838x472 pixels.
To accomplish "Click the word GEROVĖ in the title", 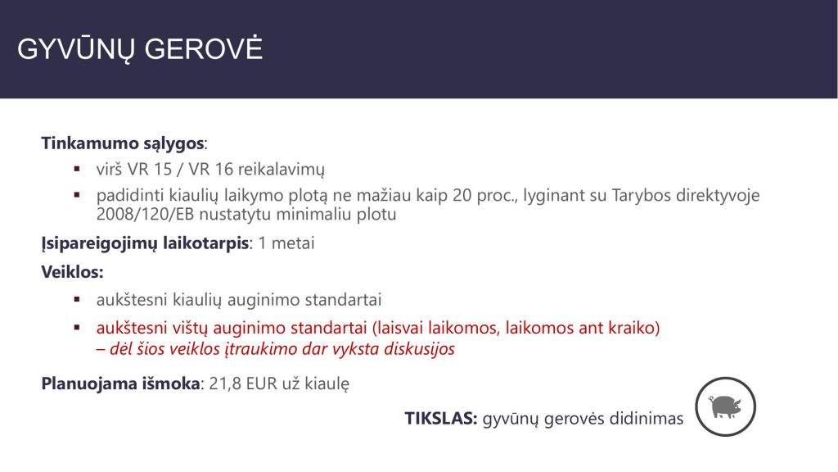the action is click(203, 48).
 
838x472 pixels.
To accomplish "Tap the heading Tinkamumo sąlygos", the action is click(123, 144).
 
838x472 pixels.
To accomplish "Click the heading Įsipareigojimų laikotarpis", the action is click(145, 243).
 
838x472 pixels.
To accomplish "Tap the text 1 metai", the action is click(286, 243).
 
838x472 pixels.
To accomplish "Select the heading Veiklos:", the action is click(72, 272).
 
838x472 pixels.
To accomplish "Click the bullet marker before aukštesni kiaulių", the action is click(77, 300).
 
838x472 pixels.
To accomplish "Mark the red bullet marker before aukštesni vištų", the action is click(77, 328).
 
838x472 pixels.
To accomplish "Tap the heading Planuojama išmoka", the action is click(121, 383).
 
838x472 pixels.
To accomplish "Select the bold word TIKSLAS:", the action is click(441, 418).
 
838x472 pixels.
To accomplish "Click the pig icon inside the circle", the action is click(725, 406).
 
